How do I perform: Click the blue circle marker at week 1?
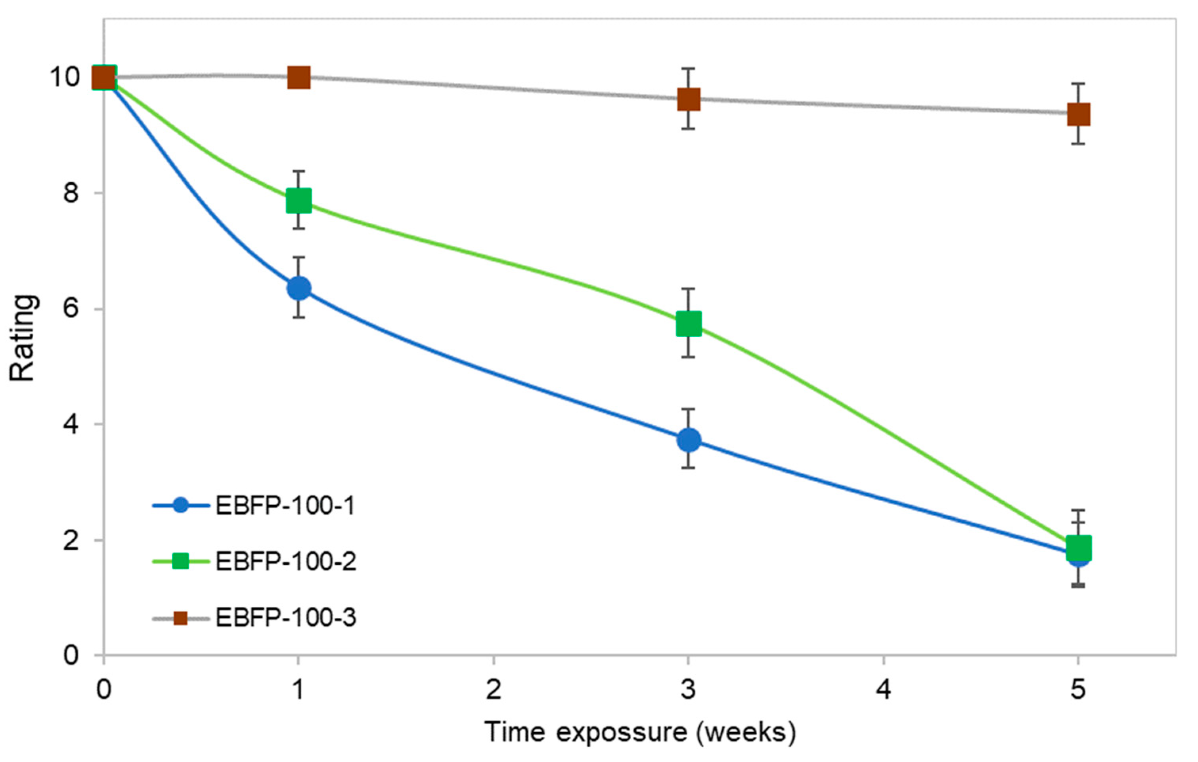coord(299,288)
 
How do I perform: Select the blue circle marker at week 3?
coord(689,440)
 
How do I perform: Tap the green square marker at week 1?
coord(299,201)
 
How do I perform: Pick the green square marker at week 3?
coord(689,323)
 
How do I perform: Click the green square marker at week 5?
coord(1079,548)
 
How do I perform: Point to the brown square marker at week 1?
coord(299,78)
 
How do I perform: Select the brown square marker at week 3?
coord(689,99)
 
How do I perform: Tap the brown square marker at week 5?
coord(1079,114)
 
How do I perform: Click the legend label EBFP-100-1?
coord(285,506)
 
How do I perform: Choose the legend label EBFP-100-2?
coord(286,561)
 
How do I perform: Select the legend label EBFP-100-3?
coord(286,618)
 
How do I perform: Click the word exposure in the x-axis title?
coord(621,732)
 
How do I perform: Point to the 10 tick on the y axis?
coord(64,78)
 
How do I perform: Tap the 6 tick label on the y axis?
coord(71,309)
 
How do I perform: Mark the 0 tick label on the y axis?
coord(71,655)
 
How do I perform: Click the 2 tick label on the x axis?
coord(494,689)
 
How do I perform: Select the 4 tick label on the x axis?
coord(884,689)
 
